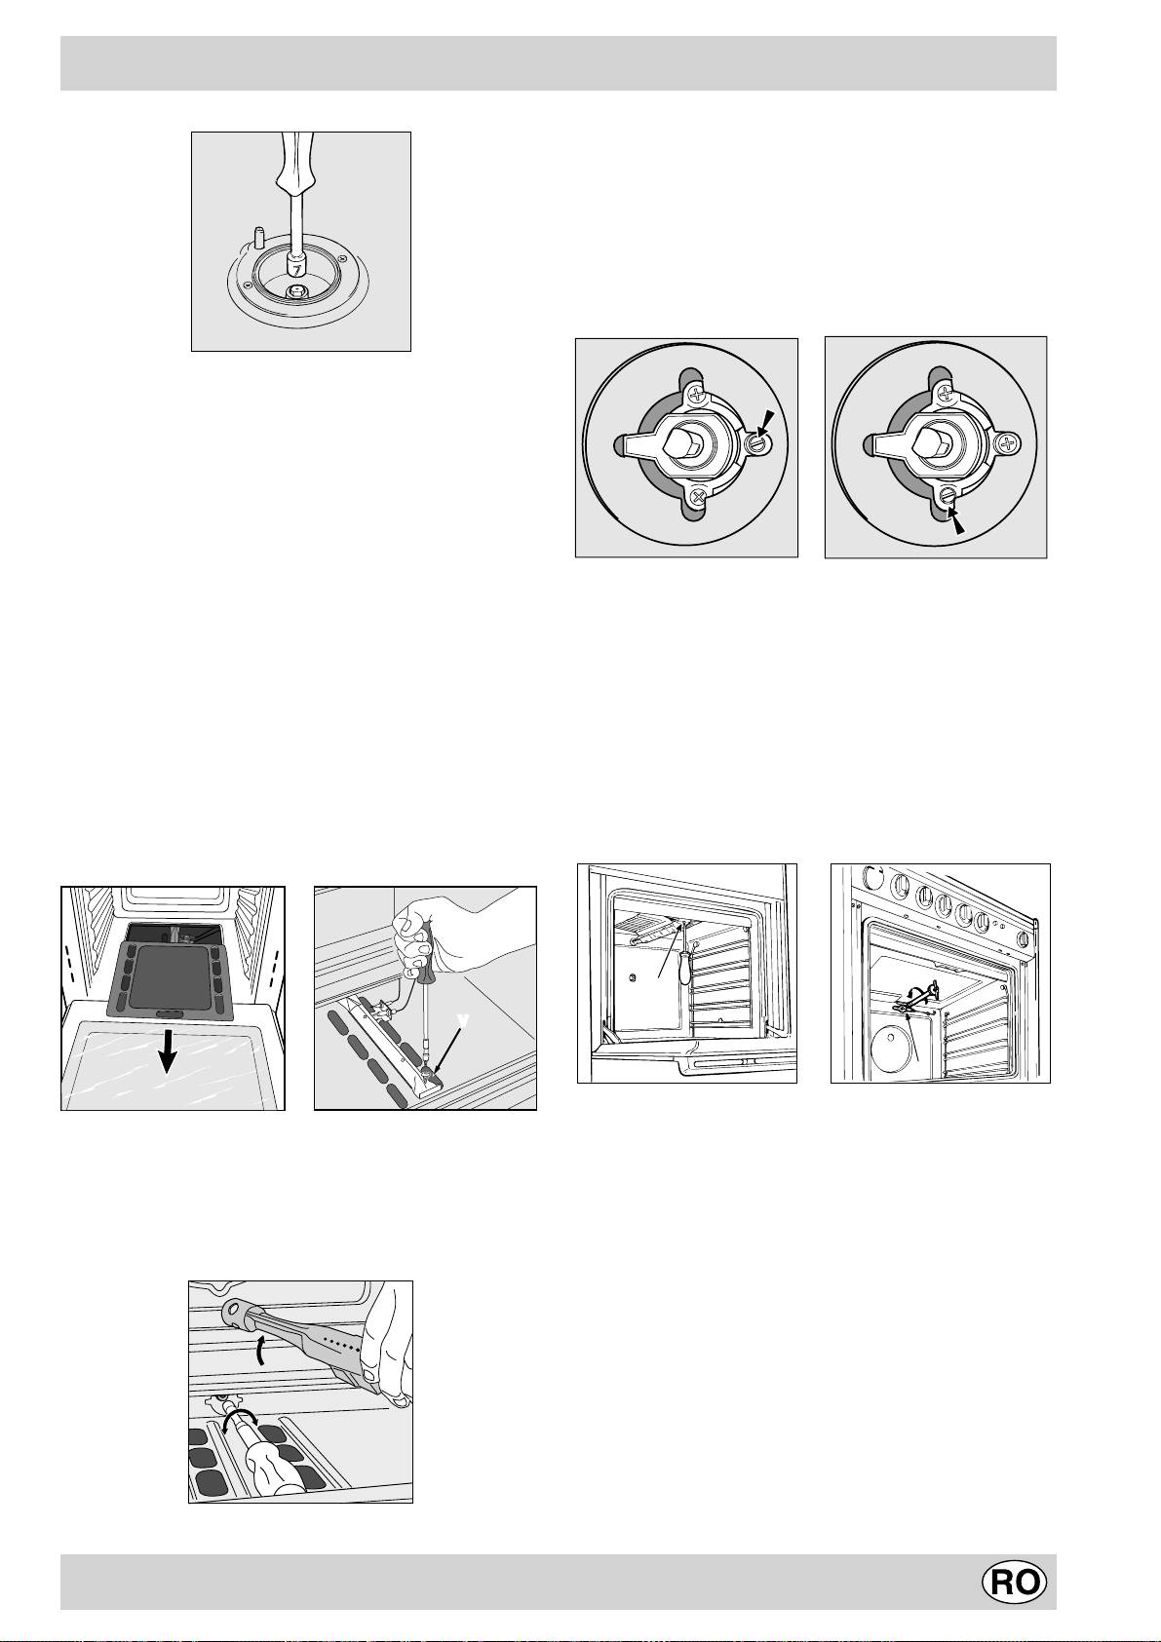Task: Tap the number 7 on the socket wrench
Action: coord(293,269)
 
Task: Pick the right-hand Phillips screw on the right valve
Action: coord(1009,442)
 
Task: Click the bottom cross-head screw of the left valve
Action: coord(699,497)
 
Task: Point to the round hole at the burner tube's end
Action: coord(236,1309)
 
